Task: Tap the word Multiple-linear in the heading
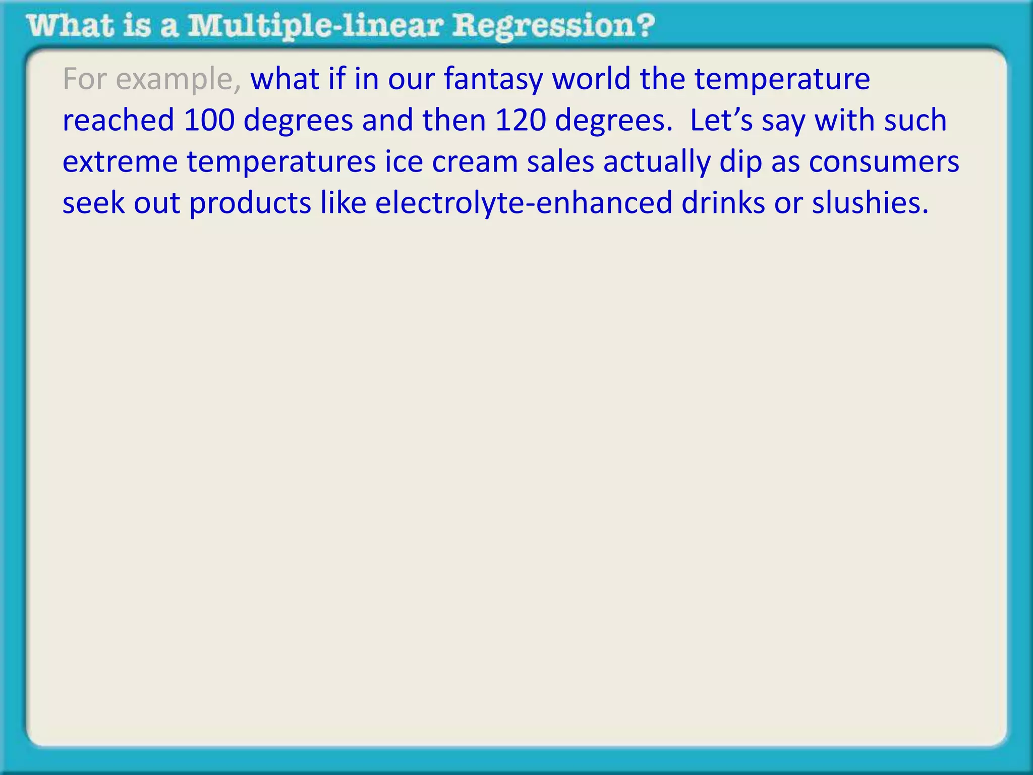[x=315, y=26]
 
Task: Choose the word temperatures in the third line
[x=281, y=162]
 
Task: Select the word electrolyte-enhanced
[x=524, y=203]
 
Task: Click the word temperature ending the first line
[x=782, y=80]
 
